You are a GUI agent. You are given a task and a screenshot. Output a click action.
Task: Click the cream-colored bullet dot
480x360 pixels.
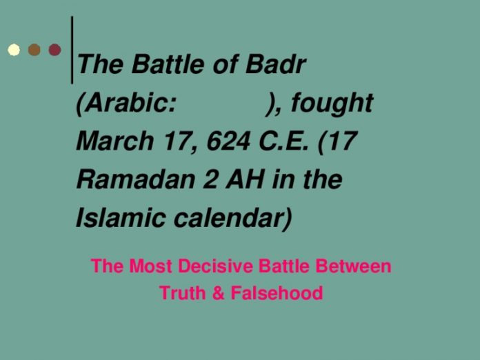tap(13, 50)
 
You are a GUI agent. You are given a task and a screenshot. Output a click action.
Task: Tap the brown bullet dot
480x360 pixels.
tap(34, 50)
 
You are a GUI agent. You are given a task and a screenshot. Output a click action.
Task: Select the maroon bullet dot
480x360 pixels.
tap(54, 50)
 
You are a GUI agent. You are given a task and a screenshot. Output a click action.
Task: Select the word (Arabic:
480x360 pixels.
tap(126, 104)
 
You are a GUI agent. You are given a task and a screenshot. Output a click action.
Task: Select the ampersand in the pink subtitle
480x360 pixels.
tap(219, 293)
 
